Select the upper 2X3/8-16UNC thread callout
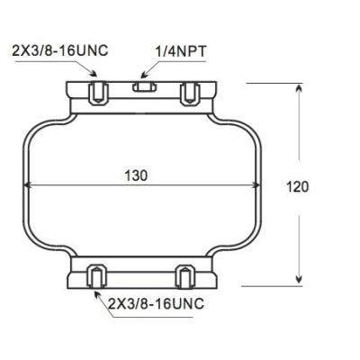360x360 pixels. pos(60,50)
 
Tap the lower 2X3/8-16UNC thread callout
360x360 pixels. pos(156,303)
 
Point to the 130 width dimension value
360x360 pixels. pos(136,175)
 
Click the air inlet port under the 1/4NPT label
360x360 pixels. pos(143,88)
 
